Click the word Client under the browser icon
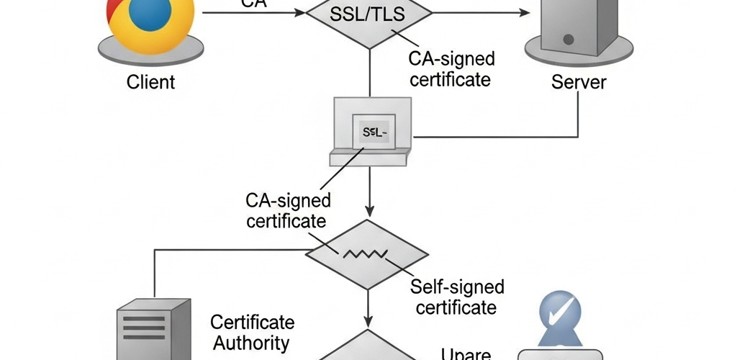coord(150,82)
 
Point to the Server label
coord(579,82)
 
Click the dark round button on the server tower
coord(569,38)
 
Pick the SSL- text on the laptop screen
coord(375,132)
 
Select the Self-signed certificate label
coord(456,297)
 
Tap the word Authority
coord(251,343)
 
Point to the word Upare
coord(466,354)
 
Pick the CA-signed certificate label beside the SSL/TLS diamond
coord(451,68)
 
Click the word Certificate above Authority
coord(253,322)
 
